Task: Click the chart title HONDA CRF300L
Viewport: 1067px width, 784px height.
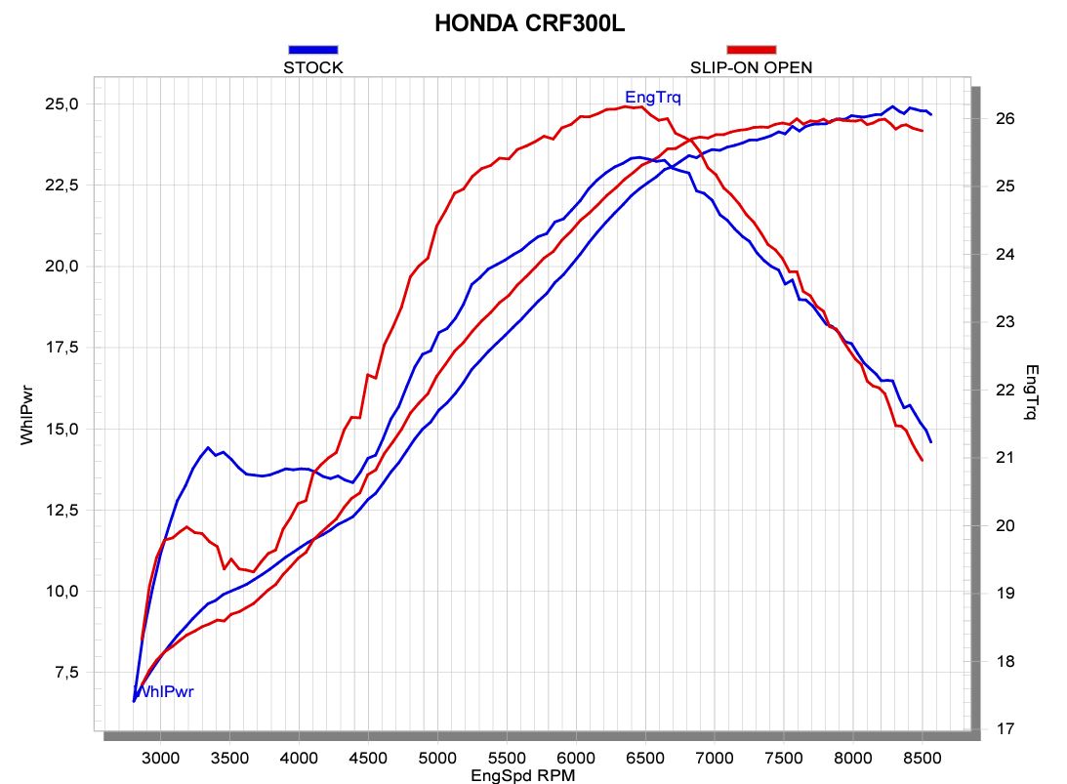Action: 529,23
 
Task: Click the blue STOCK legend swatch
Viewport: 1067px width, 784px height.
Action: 312,49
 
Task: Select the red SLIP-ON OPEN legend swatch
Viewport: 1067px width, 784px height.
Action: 751,49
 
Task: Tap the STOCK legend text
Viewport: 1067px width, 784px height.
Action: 312,67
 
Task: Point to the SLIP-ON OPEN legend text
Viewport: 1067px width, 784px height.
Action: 751,67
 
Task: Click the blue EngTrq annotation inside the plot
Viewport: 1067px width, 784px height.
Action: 653,97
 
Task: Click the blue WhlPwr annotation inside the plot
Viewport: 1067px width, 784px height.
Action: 164,692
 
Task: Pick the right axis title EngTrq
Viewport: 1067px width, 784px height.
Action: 1033,392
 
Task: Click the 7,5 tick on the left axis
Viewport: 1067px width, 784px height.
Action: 73,673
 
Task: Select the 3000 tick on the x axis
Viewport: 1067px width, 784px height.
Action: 160,756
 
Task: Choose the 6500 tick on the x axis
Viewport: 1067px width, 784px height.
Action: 645,756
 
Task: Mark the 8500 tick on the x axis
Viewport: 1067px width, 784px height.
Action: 922,756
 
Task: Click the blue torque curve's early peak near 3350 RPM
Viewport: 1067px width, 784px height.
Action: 208,447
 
